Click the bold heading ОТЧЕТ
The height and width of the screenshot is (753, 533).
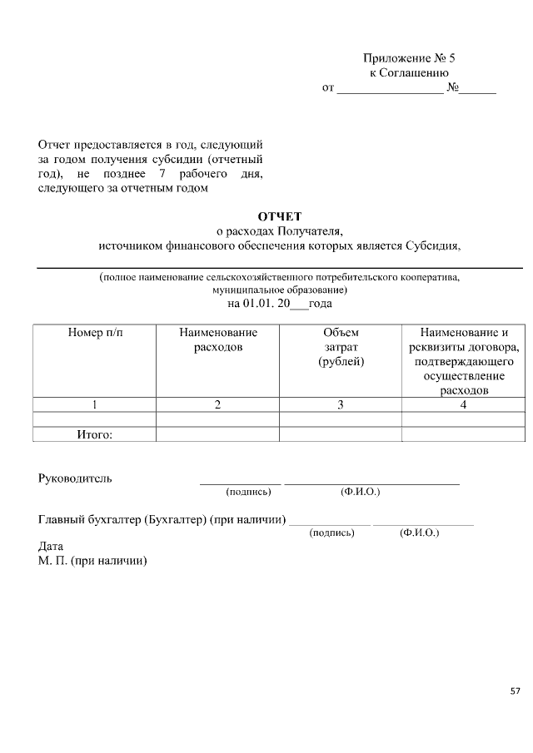click(x=279, y=216)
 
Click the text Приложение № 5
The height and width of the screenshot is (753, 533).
click(x=410, y=58)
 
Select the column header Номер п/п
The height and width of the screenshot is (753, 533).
click(x=94, y=332)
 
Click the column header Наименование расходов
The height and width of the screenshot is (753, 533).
click(x=217, y=339)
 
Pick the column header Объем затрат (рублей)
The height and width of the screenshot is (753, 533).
click(x=341, y=347)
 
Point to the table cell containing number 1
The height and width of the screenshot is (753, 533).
click(x=94, y=405)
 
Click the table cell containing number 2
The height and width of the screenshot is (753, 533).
click(x=217, y=405)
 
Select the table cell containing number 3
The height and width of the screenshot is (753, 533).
click(x=341, y=405)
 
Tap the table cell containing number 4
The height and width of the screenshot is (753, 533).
click(x=463, y=405)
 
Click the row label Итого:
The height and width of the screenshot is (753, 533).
click(x=94, y=433)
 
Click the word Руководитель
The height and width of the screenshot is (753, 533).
click(x=75, y=478)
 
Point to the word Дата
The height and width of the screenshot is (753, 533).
click(x=51, y=547)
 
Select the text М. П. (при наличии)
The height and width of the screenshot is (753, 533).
click(x=92, y=561)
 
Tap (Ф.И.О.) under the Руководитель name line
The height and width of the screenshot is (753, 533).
click(x=360, y=492)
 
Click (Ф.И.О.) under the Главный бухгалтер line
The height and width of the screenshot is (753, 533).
click(x=419, y=533)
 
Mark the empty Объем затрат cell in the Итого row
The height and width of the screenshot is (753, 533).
click(x=341, y=433)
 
